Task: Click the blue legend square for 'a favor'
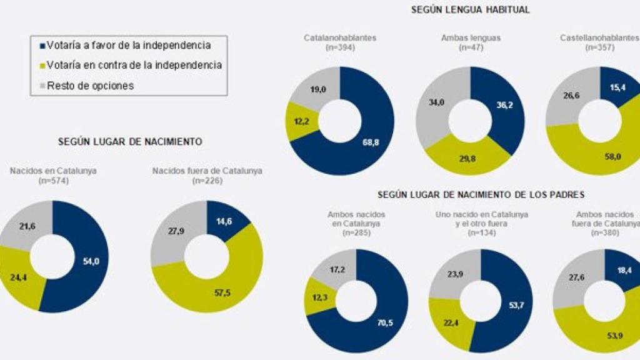point(42,46)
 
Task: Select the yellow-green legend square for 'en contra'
point(42,65)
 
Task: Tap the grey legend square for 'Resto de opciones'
point(42,86)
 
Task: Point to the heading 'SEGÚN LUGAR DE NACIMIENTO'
point(130,142)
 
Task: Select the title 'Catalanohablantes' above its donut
point(340,37)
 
